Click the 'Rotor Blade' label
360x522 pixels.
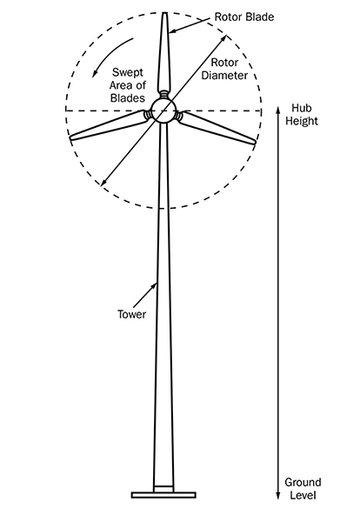pos(243,17)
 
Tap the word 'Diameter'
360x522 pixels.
pos(224,75)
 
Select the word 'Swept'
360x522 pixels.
pos(128,73)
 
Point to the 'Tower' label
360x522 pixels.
pos(132,314)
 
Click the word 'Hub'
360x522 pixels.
pos(302,108)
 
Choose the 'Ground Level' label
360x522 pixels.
pos(303,488)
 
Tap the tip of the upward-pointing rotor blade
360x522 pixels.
pos(164,13)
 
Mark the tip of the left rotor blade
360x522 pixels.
pos(70,137)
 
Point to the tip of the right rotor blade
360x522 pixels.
pos(255,143)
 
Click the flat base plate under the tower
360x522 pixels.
pos(163,495)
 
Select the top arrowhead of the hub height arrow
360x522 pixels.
pos(278,110)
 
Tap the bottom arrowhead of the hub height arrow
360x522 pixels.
pos(278,496)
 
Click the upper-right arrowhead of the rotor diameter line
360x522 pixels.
pos(224,37)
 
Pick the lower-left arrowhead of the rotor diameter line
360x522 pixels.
pos(103,183)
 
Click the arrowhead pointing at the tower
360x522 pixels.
pos(155,285)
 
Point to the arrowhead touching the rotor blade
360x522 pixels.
pos(171,32)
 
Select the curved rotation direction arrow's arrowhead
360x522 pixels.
pos(95,74)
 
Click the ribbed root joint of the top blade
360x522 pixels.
pos(163,94)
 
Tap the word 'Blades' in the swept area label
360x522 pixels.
pos(128,97)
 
